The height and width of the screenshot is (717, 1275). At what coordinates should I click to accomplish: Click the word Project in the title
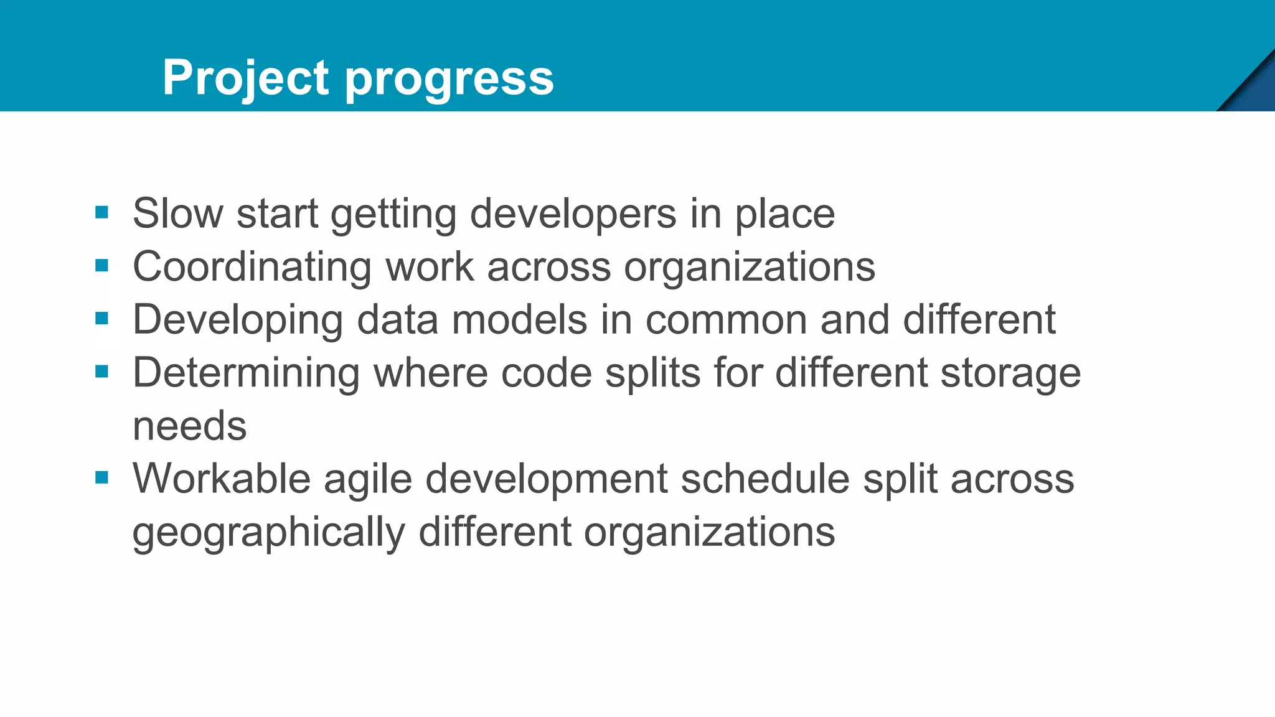(x=245, y=78)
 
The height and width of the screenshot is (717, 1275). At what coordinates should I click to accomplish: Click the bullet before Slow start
(x=102, y=213)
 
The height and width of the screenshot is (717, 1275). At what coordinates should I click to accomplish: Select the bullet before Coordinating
(x=102, y=266)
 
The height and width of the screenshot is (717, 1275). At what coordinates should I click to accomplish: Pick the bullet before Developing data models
(x=102, y=319)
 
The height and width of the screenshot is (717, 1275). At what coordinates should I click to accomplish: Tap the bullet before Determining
(x=102, y=372)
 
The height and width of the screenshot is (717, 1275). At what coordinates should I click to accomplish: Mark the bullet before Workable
(x=102, y=477)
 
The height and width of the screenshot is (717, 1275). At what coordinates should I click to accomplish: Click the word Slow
(x=177, y=213)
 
